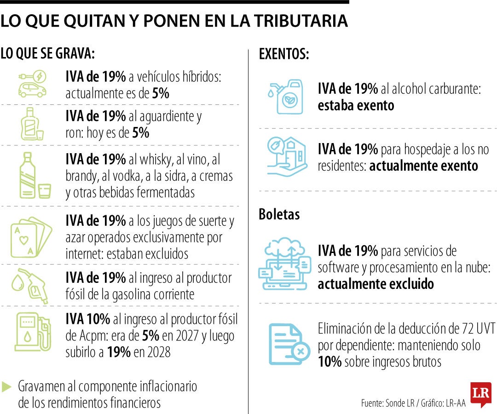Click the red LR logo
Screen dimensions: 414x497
click(x=480, y=394)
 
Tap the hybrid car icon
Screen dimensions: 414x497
click(x=32, y=84)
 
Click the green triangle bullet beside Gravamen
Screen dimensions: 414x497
click(x=6, y=387)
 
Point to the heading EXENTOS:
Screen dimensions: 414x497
click(x=283, y=54)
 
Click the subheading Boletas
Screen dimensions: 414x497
click(x=279, y=214)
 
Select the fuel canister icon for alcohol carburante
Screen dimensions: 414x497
click(x=285, y=96)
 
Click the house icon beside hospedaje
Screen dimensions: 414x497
click(x=287, y=156)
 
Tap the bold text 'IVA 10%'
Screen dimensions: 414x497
click(x=88, y=319)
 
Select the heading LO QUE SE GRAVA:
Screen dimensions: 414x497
click(x=47, y=53)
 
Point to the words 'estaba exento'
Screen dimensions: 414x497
click(x=356, y=105)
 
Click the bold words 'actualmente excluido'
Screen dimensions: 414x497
click(x=376, y=284)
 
